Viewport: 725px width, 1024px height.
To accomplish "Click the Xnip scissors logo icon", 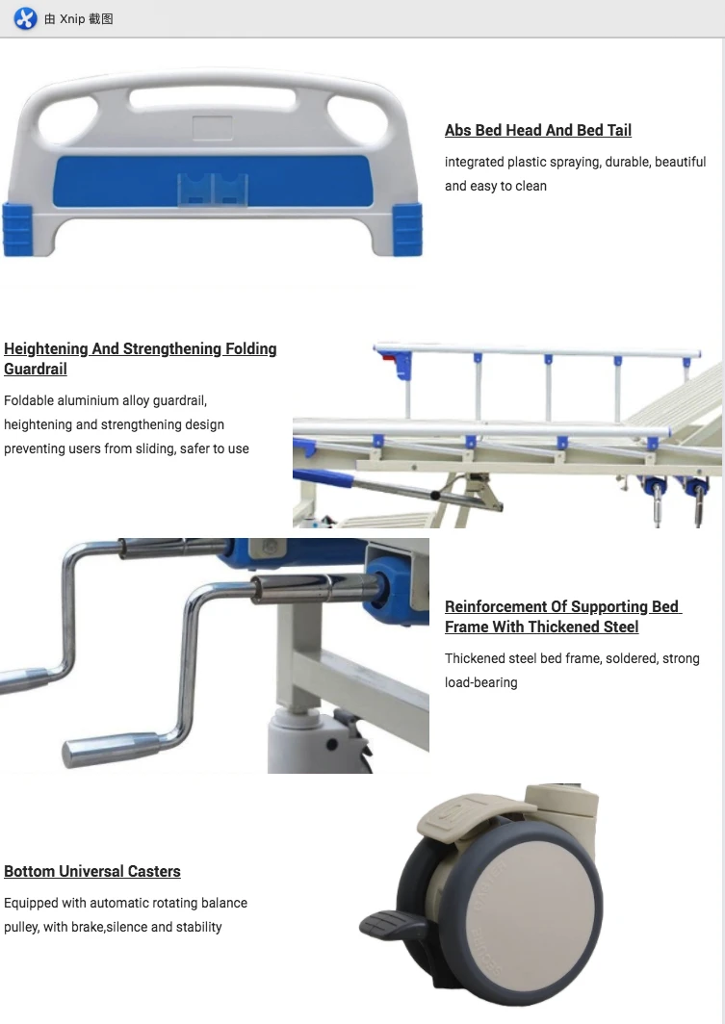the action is coord(25,18).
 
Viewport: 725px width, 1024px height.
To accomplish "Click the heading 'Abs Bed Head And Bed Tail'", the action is coord(537,130).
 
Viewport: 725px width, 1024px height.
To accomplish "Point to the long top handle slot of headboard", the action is coord(213,98).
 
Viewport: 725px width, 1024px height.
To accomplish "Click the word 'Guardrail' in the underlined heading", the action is coord(36,370).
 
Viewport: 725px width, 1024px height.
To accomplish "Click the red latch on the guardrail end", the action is coord(388,360).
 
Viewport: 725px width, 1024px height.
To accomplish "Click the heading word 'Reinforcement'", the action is coord(495,606).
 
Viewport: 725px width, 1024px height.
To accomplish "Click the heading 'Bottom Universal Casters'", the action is coord(92,871).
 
